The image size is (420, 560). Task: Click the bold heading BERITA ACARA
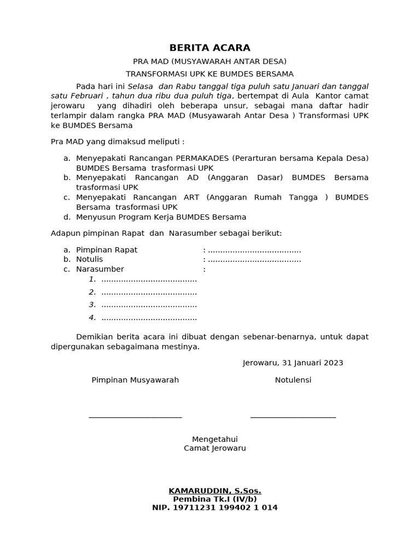coord(209,48)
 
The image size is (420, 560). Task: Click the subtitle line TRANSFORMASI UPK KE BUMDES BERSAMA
coord(209,74)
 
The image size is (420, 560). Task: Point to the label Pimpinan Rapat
coord(107,250)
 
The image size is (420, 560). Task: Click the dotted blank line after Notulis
coord(254,259)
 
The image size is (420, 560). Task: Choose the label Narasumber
coord(100,269)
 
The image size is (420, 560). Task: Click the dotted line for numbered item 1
coord(149,279)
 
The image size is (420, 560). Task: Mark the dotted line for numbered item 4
coord(149,318)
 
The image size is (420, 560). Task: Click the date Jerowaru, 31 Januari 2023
coord(293,363)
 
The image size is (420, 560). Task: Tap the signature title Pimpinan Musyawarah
coord(135,380)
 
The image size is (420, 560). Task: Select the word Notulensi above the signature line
coord(293,380)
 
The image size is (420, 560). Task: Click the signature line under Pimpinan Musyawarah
coord(135,417)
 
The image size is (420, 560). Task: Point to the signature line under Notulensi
coord(293,417)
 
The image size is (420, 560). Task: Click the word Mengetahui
coord(215,439)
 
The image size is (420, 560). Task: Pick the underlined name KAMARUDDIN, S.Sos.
coord(215,491)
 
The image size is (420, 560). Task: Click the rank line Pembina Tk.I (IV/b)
coord(215,499)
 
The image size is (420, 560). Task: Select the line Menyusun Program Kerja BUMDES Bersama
coord(161,217)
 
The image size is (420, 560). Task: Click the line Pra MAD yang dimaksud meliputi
coord(118,142)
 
